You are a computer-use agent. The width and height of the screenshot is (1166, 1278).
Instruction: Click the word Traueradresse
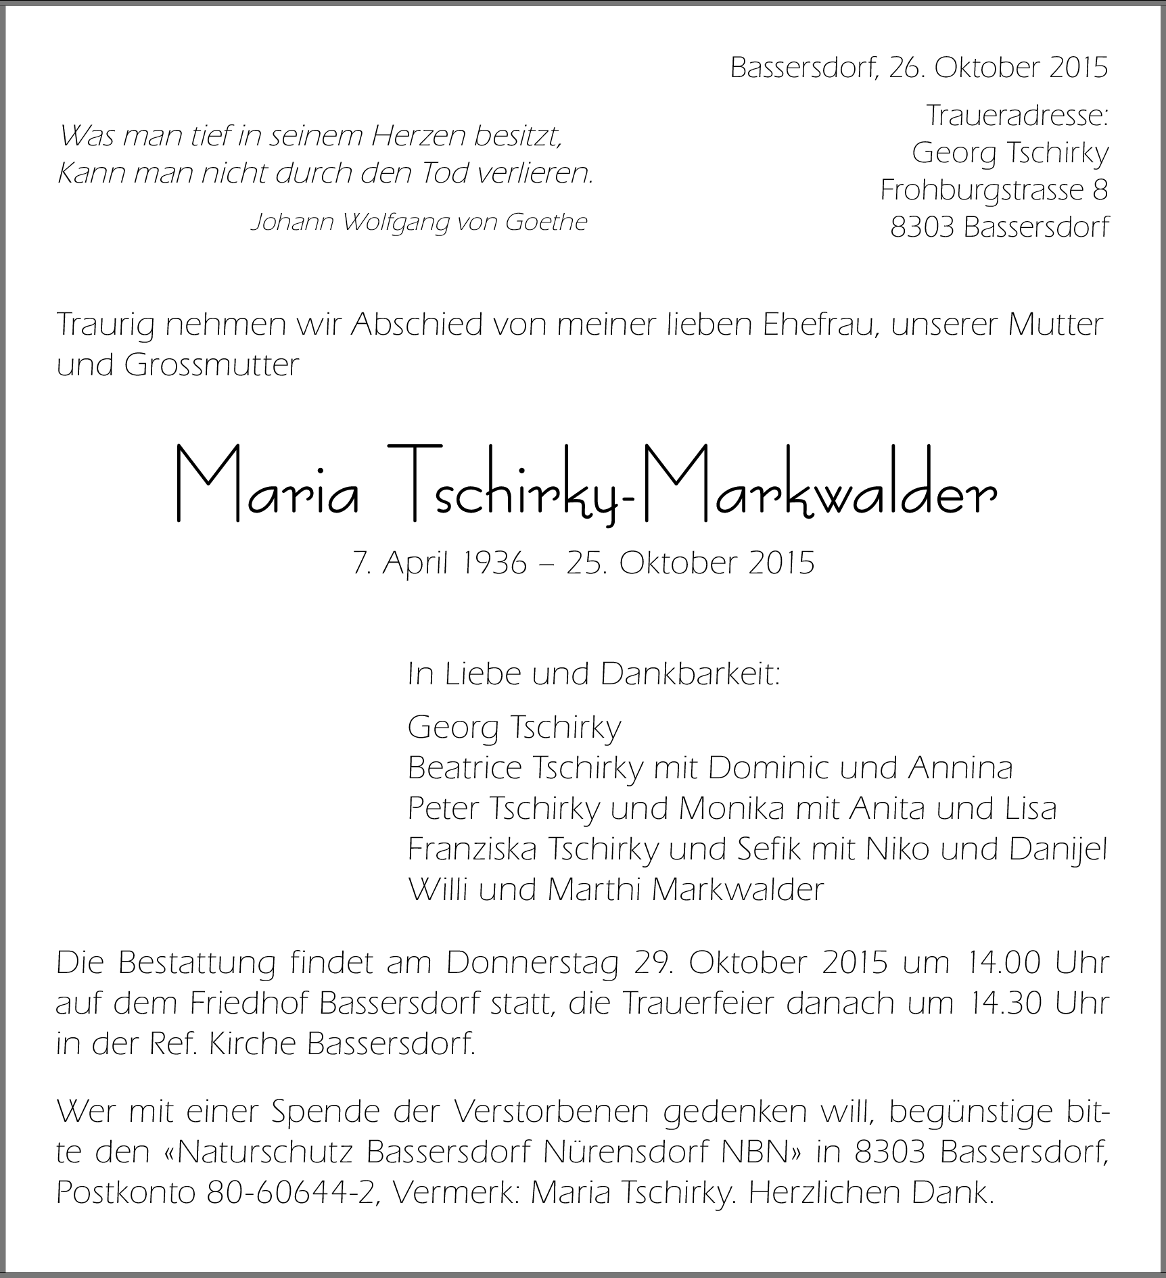point(1017,116)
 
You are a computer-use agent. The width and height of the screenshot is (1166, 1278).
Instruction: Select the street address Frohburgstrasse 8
point(994,190)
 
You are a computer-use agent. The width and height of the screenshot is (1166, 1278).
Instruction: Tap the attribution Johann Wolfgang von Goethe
point(419,222)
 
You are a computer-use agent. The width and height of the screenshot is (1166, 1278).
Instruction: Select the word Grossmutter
point(211,365)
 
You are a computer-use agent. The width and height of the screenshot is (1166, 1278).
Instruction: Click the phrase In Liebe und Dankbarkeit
point(594,674)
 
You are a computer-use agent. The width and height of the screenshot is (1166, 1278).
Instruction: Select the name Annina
point(960,767)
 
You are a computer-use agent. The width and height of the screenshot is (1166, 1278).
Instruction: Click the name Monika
point(730,808)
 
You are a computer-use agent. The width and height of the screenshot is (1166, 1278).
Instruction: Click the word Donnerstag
point(532,964)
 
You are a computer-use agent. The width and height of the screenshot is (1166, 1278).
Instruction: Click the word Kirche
point(253,1043)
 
